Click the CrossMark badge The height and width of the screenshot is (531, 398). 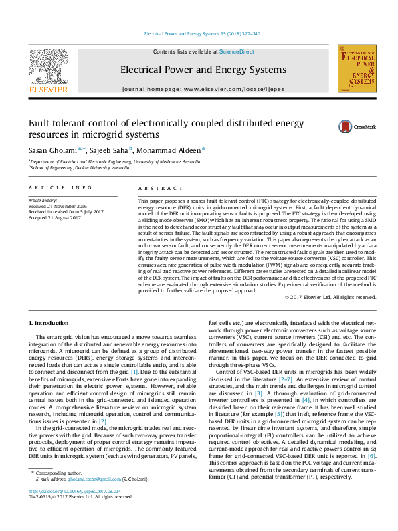357,126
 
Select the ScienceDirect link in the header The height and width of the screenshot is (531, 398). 237,51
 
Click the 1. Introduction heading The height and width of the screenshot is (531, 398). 51,324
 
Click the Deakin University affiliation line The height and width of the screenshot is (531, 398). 80,168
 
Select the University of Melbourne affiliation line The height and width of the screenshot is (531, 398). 115,161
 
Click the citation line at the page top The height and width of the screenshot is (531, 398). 202,33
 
